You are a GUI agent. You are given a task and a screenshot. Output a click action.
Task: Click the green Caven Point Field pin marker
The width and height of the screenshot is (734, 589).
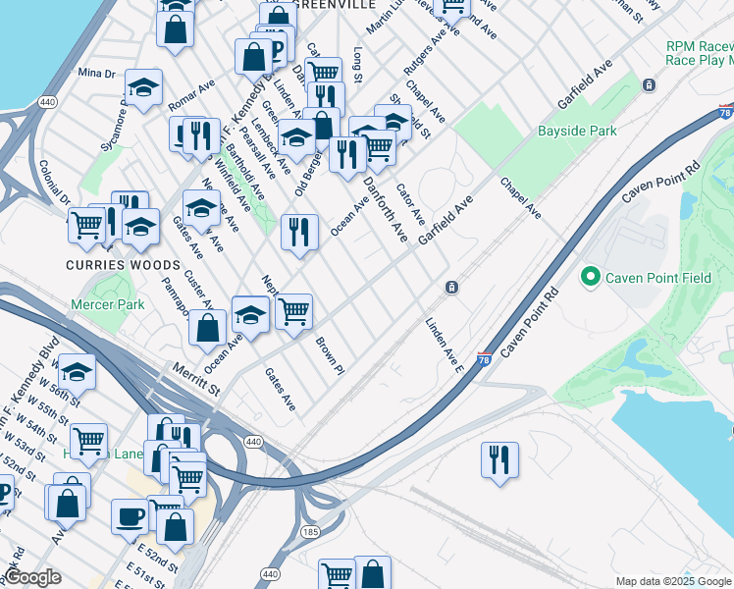590,278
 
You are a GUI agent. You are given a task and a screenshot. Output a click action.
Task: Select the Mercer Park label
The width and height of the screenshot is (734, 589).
107,304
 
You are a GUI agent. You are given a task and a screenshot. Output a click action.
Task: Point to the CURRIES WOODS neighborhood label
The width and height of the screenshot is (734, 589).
123,265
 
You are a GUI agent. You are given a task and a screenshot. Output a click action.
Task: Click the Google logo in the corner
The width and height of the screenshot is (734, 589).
32,578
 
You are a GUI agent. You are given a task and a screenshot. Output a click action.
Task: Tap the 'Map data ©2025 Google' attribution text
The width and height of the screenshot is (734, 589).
674,582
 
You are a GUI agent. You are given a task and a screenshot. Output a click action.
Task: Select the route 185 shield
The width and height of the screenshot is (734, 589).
310,531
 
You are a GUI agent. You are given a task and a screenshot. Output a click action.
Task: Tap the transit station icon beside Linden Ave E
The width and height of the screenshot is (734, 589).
450,287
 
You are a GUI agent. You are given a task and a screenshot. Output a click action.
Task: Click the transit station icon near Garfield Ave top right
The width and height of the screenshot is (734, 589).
649,84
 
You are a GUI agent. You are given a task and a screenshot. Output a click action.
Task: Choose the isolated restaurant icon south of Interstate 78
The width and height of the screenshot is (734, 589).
499,459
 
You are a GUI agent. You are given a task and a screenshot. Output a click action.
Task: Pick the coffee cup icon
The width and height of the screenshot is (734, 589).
129,516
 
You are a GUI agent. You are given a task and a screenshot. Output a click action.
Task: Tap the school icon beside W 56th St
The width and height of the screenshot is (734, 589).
77,372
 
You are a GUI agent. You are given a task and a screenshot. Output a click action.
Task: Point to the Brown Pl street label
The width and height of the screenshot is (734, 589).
330,356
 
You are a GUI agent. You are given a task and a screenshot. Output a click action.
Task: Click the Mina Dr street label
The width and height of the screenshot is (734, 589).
96,74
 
